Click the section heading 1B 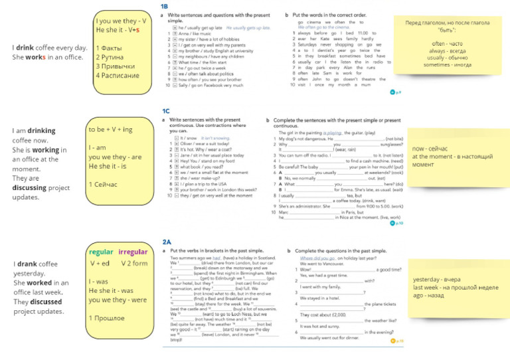[165, 7]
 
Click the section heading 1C [166, 111]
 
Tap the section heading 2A [166, 242]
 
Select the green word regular [101, 252]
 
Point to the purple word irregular [133, 252]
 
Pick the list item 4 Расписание [118, 75]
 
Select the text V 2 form [135, 263]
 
